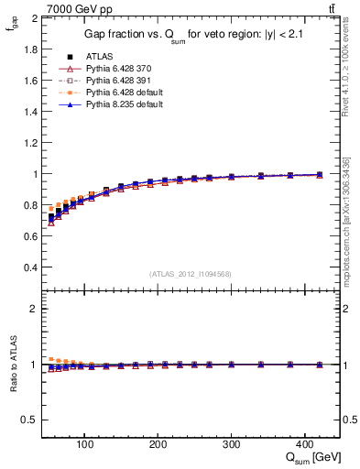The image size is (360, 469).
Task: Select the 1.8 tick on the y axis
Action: click(x=29, y=49)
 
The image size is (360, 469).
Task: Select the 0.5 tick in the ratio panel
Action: click(x=29, y=420)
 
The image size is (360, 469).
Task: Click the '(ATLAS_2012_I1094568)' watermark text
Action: click(x=191, y=272)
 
